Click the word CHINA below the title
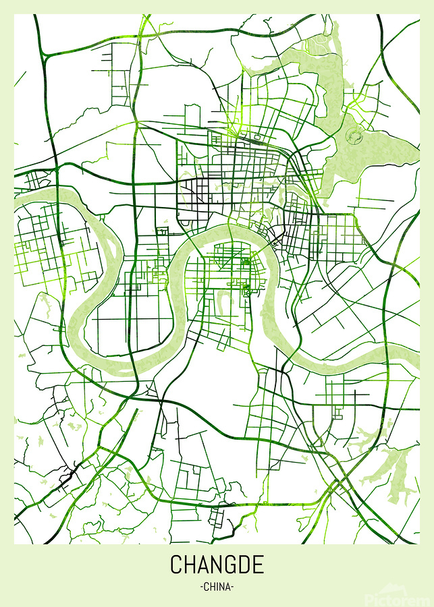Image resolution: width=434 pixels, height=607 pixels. (x=217, y=587)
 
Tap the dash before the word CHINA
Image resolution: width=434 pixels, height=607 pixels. (x=201, y=587)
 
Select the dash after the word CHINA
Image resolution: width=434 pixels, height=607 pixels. (x=233, y=587)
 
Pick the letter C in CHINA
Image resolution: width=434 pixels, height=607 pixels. (x=206, y=587)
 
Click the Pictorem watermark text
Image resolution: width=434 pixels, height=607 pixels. (x=399, y=598)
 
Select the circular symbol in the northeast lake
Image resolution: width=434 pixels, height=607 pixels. (x=354, y=137)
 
